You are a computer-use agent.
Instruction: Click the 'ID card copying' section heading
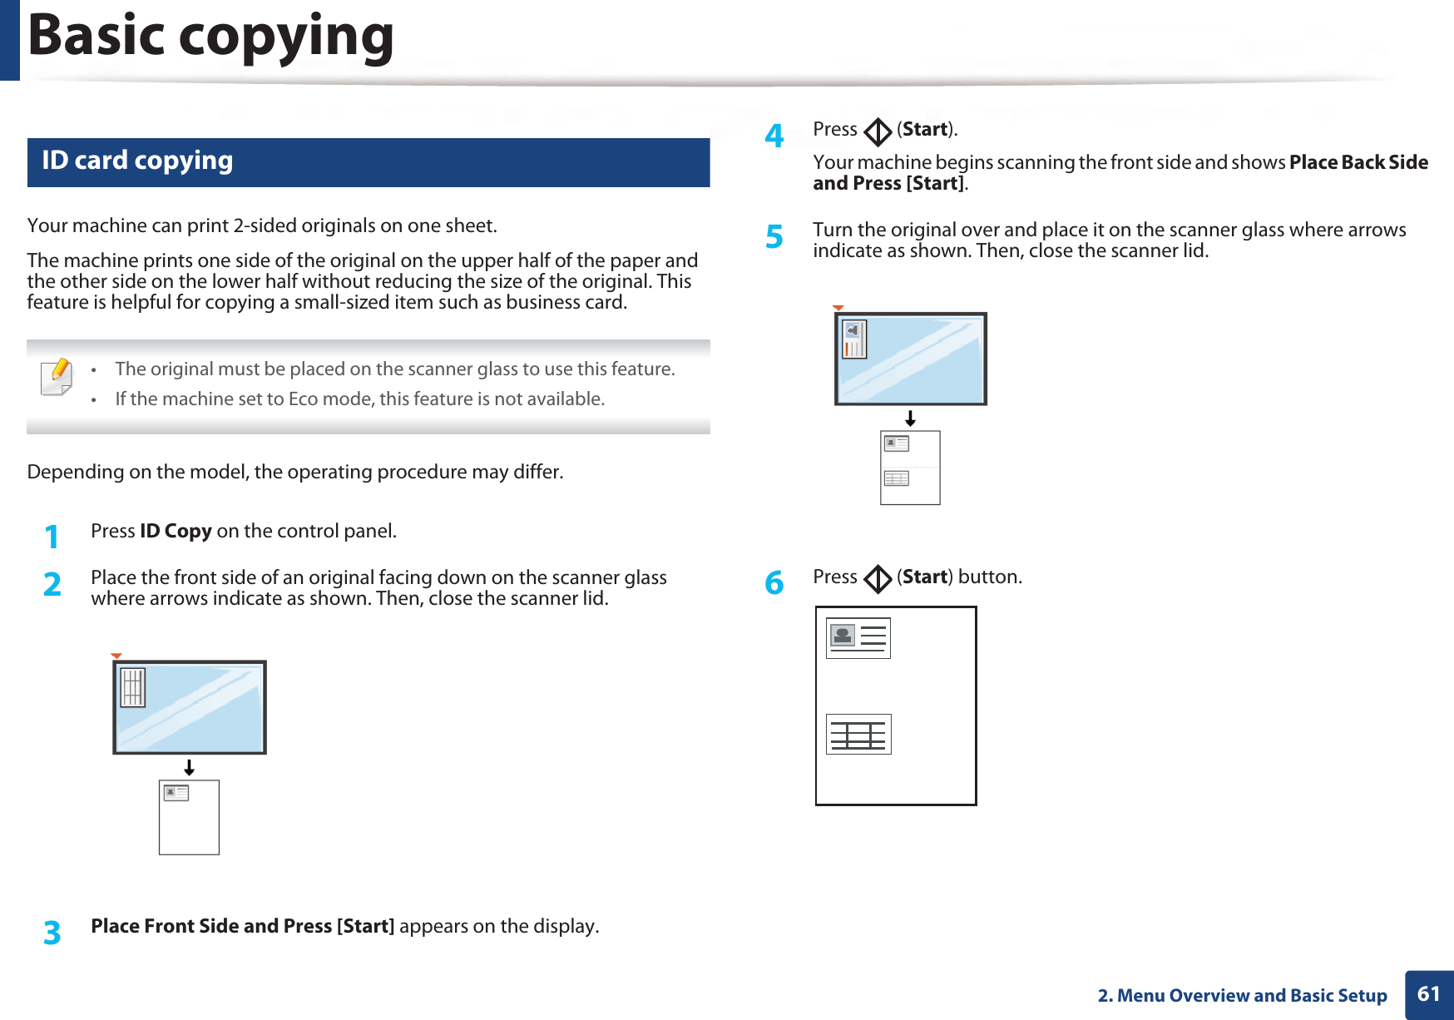coord(137,161)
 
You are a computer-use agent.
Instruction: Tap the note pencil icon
coord(57,377)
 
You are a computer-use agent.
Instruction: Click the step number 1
coord(52,537)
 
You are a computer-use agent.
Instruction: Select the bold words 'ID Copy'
coord(176,531)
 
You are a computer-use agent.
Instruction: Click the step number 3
coord(52,933)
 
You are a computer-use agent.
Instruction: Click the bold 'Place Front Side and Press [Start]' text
coord(242,926)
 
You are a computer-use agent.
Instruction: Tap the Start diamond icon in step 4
coord(877,131)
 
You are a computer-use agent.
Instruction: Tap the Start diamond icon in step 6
coord(877,579)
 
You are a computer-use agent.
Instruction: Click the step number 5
coord(774,237)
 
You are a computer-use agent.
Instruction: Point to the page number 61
coord(1428,994)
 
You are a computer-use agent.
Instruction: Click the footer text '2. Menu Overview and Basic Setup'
coord(1242,996)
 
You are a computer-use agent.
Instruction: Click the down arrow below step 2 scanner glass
coord(190,767)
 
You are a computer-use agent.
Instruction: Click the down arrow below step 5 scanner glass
coord(911,418)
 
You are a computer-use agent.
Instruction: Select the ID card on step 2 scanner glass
coord(133,687)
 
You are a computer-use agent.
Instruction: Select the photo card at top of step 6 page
coord(858,638)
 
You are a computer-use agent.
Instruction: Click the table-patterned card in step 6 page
coord(858,735)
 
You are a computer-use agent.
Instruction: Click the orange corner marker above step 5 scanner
coord(838,308)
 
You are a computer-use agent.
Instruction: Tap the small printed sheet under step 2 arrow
coord(189,817)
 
